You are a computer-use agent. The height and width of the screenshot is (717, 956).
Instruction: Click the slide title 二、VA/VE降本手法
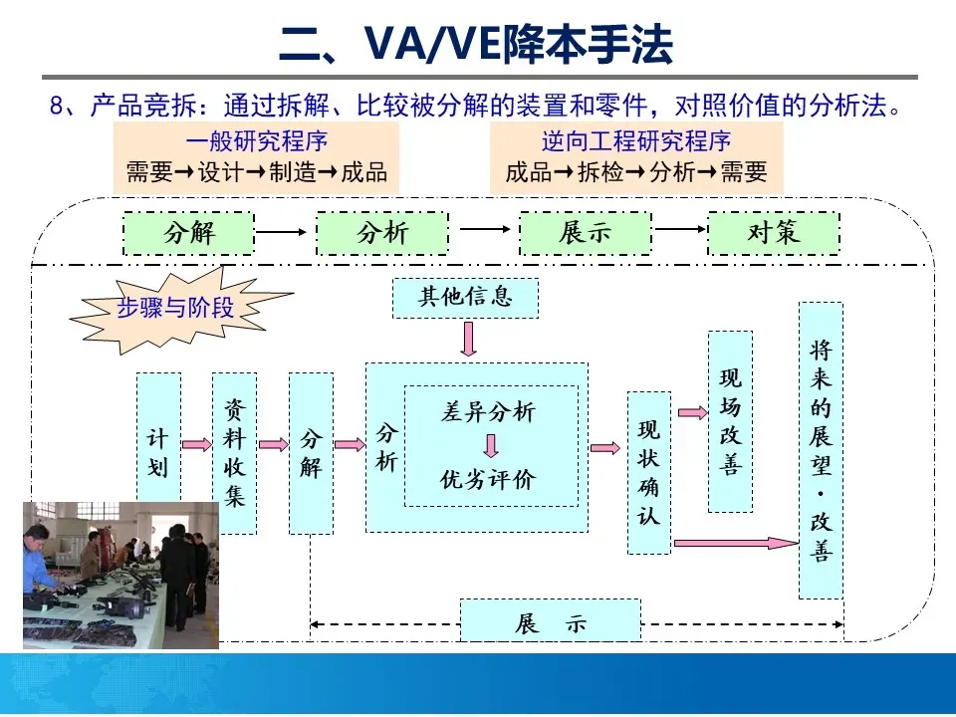476,44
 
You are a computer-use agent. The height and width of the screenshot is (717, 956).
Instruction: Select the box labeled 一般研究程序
256,157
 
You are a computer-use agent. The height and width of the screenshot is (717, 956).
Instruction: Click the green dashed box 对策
773,233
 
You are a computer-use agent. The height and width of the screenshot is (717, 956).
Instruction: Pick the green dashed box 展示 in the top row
585,233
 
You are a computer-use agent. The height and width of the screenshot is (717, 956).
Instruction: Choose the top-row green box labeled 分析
382,233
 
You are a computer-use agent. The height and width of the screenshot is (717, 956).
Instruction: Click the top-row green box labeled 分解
189,233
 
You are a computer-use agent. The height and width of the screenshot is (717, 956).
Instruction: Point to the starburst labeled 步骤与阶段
177,308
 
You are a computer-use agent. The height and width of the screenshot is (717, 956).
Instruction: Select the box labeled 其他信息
465,298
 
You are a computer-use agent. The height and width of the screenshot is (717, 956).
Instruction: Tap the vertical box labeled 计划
158,438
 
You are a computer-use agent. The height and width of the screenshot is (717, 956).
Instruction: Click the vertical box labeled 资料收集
234,453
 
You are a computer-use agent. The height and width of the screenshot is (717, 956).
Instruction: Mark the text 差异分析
488,412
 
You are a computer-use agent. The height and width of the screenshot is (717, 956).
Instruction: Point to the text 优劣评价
488,479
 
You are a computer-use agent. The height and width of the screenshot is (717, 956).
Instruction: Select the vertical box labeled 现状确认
648,472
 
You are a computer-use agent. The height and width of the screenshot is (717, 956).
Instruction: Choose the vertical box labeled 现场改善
730,420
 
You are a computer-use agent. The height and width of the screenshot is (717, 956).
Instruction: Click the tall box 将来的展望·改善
821,450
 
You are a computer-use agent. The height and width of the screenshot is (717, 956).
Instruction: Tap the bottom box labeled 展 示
551,622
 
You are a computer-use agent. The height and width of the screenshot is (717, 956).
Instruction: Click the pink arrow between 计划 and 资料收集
197,444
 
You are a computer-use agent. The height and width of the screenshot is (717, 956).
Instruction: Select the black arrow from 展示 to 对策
680,231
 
